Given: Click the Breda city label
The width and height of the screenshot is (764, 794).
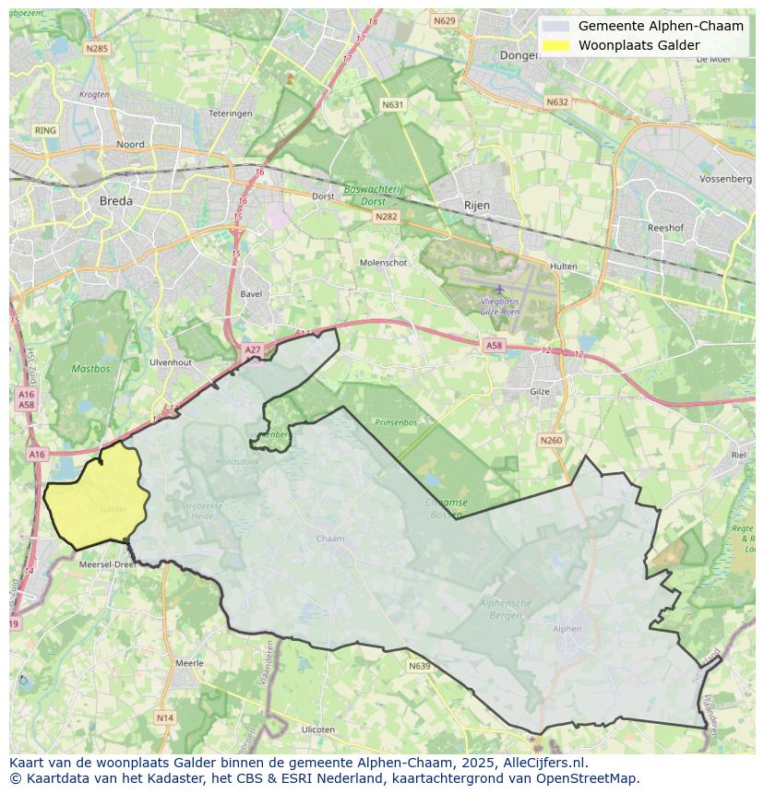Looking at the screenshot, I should (115, 200).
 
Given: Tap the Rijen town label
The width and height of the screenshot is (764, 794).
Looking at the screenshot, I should (476, 205).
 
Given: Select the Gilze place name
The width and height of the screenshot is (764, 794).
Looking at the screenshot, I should (540, 391).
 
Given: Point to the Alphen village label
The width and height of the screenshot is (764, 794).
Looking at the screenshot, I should (567, 629).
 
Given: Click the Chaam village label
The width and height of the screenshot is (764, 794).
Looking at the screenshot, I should (329, 539).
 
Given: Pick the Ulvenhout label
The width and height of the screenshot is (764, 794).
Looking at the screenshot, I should (170, 362).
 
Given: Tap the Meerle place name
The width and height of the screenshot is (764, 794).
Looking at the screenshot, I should (189, 663).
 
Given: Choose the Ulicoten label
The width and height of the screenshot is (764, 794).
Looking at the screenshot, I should (318, 729).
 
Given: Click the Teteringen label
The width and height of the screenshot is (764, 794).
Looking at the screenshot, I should (230, 113).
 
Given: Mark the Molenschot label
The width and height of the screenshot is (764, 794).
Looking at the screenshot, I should (383, 262).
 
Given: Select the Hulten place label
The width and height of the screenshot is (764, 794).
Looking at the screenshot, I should (563, 267).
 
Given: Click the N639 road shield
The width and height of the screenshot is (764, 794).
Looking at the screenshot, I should (419, 666).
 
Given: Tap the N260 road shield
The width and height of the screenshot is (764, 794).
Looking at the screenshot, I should (551, 440).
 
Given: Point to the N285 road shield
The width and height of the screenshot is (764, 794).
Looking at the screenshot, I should (96, 48).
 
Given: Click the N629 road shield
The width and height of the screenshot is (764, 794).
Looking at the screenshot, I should (445, 20).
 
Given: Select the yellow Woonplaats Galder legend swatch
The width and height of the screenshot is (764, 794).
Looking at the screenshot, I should (555, 45).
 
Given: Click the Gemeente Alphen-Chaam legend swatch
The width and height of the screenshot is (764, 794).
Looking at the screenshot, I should (555, 26).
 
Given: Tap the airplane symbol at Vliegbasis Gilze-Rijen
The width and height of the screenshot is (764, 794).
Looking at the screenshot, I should (500, 290).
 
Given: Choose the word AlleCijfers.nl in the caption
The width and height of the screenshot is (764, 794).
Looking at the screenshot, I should (544, 763).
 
